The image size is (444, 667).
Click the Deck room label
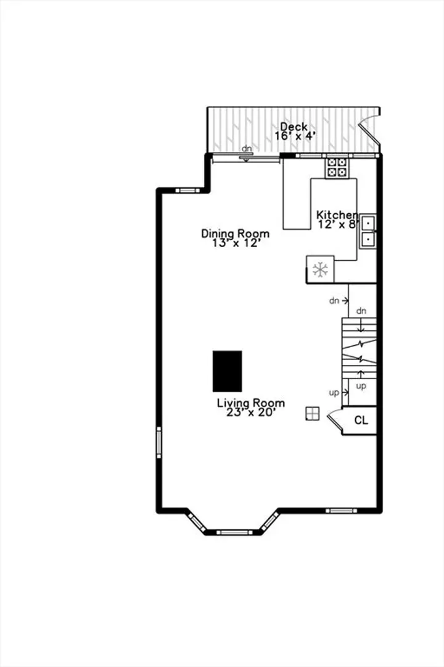click(x=294, y=127)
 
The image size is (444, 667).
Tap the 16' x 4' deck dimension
click(x=295, y=136)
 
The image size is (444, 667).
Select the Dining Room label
click(x=235, y=234)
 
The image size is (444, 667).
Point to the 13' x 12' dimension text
click(x=236, y=243)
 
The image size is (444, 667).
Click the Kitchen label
click(x=337, y=215)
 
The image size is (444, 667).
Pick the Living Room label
click(x=251, y=403)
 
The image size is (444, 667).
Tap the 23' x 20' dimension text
click(x=251, y=412)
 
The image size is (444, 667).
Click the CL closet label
click(x=361, y=421)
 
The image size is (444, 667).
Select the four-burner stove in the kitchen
click(x=337, y=167)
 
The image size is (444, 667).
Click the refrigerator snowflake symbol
click(x=321, y=269)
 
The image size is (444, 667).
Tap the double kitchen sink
click(x=368, y=232)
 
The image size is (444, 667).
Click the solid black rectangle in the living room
click(x=228, y=371)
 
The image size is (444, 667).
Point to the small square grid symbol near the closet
click(x=312, y=413)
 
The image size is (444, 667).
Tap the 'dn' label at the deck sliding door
click(x=247, y=149)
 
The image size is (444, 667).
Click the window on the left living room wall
click(x=159, y=442)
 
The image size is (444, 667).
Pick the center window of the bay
click(x=234, y=532)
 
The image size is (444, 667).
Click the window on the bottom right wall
click(x=342, y=511)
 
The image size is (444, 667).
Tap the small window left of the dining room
click(x=187, y=190)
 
